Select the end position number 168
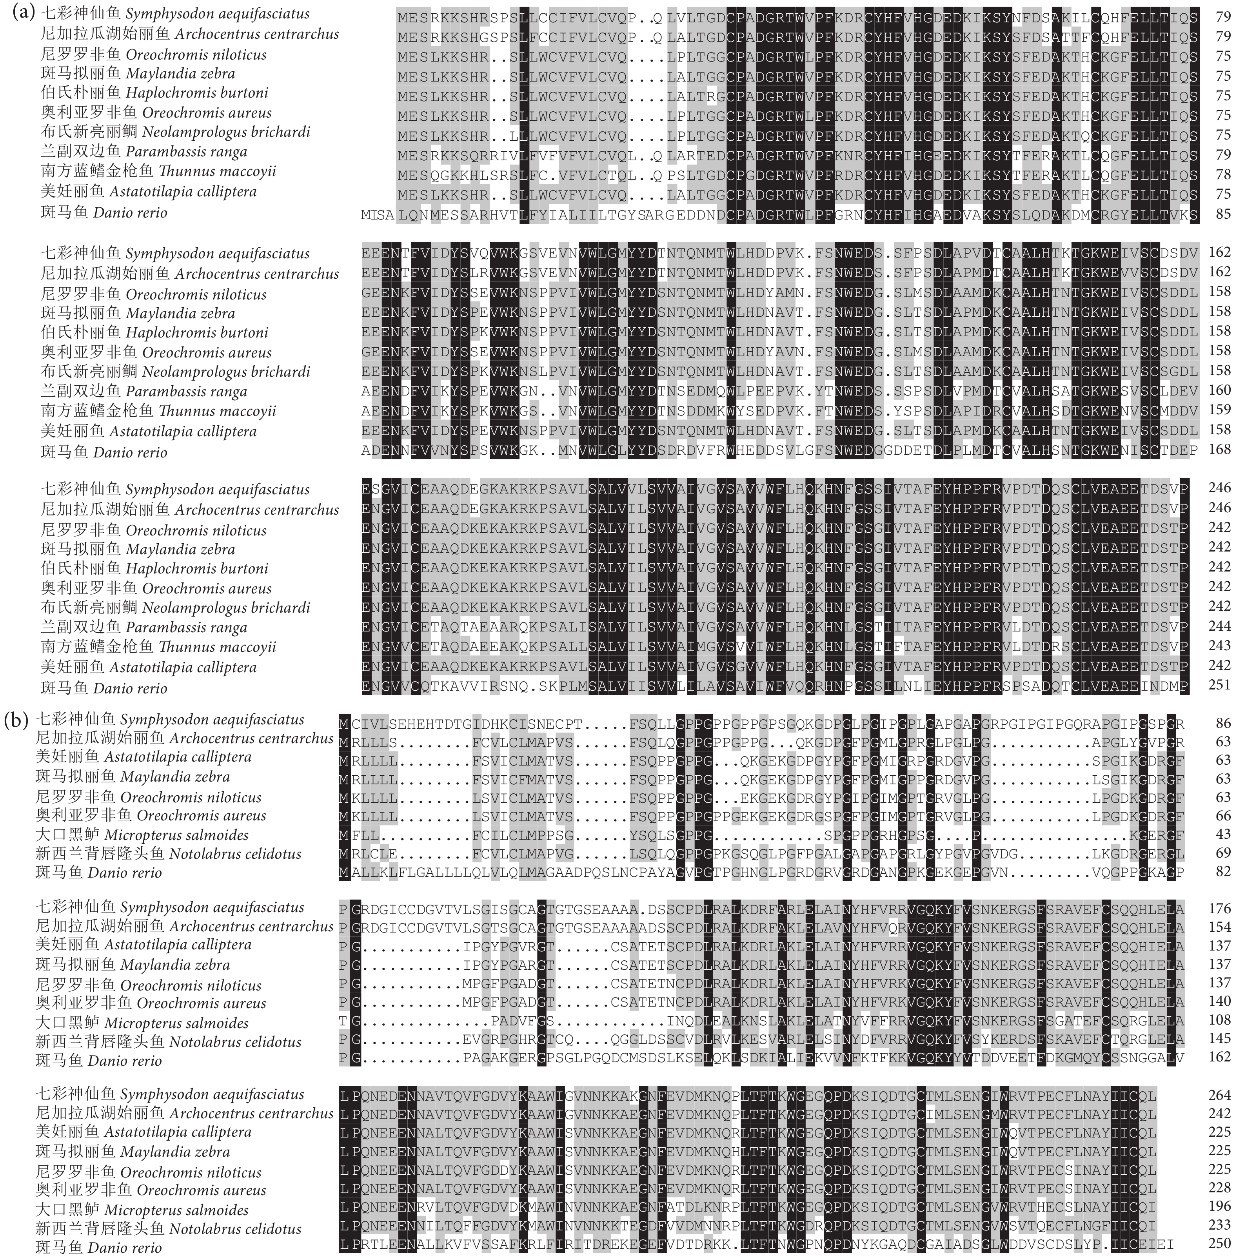[1219, 449]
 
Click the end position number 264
[1219, 1095]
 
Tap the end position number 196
[1219, 1207]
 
